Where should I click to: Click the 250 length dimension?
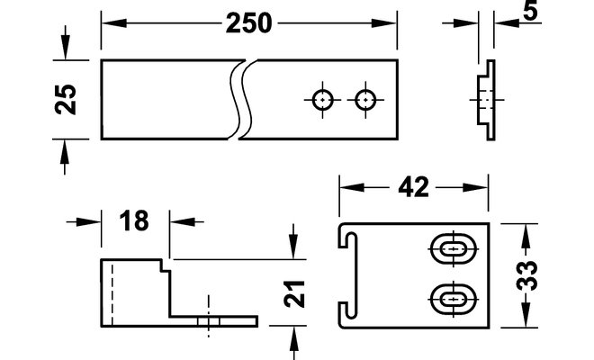click(249, 23)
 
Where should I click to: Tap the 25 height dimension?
click(65, 100)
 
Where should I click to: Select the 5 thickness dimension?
click(530, 11)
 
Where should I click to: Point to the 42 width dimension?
click(413, 187)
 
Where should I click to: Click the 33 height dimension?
click(526, 275)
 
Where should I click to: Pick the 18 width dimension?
click(134, 220)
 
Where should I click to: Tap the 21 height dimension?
click(294, 293)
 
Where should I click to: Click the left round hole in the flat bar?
click(322, 100)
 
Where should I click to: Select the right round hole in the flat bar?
click(365, 100)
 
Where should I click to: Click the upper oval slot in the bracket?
click(454, 249)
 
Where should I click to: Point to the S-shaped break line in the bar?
click(241, 100)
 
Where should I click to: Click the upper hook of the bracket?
click(347, 236)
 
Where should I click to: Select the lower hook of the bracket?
click(347, 314)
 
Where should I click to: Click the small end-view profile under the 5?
click(486, 100)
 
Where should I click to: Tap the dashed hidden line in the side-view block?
click(112, 295)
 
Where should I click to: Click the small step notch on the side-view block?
click(166, 265)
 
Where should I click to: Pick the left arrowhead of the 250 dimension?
click(114, 23)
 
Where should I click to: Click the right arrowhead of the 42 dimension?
click(475, 187)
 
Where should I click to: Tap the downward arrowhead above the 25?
click(65, 47)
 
